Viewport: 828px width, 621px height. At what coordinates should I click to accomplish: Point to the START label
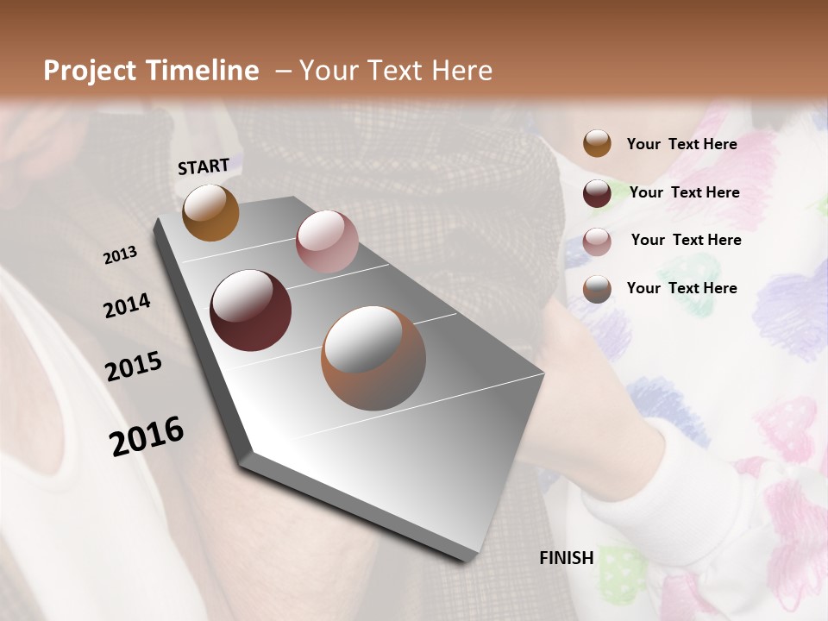pos(204,166)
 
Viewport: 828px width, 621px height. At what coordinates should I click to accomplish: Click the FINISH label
pos(567,558)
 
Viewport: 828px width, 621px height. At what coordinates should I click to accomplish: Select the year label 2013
pos(121,255)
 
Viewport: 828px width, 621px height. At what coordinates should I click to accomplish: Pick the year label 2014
pos(127,306)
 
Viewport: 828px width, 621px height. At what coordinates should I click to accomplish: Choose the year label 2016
pos(147,436)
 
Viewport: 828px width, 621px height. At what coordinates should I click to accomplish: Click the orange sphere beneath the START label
pos(210,212)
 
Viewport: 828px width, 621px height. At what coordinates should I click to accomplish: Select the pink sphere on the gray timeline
pos(327,241)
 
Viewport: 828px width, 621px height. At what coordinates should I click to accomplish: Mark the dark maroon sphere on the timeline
pos(251,310)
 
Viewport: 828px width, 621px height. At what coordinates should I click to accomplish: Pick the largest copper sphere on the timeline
pos(373,358)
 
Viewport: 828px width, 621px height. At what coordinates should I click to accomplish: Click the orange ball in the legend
pos(597,143)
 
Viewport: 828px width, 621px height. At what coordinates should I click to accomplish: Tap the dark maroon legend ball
pos(597,193)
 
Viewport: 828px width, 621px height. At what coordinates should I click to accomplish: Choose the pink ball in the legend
pos(597,241)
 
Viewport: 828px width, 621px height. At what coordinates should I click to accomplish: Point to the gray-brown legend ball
pos(597,289)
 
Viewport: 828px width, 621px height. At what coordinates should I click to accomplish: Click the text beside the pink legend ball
pos(686,240)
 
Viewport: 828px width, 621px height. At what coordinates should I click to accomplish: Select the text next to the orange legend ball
pos(681,144)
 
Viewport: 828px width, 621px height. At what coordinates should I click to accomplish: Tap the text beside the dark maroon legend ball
pos(684,192)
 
